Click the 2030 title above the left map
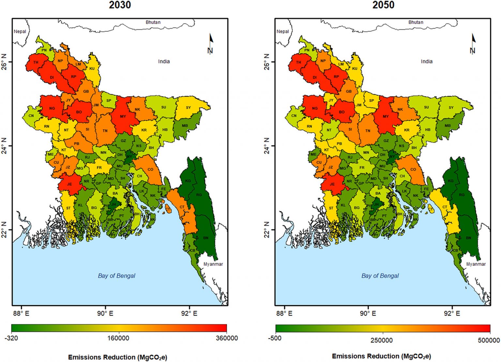click(x=120, y=5)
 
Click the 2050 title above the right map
click(x=383, y=5)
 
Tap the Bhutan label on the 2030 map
click(x=153, y=22)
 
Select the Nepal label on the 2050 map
click(x=282, y=31)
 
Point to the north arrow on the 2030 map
click(x=211, y=44)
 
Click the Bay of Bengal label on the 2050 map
click(x=380, y=276)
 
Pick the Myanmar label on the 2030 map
click(x=213, y=264)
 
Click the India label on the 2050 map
click(x=427, y=61)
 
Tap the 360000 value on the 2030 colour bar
click(x=227, y=338)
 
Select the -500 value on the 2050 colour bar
click(x=275, y=338)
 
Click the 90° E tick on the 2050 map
click(x=368, y=313)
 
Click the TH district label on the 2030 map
click(x=36, y=62)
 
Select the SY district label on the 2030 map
click(x=188, y=108)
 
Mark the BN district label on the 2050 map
click(x=468, y=238)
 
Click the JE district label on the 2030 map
click(x=69, y=184)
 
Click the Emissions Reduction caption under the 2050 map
click(x=381, y=356)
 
